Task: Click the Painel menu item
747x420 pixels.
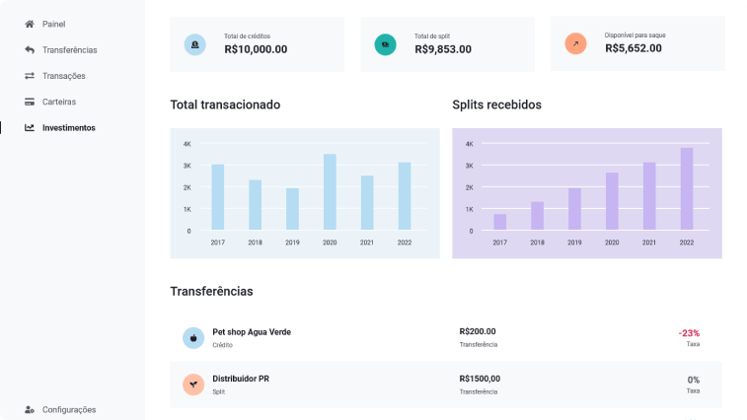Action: coord(54,23)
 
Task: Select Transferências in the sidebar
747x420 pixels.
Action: coord(69,49)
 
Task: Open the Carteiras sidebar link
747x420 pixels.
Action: coord(58,102)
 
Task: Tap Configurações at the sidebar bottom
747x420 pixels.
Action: coord(68,409)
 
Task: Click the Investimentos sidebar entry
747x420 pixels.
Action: coord(68,127)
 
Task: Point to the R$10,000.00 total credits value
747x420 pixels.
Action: coord(256,48)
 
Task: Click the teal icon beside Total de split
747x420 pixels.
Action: coord(385,44)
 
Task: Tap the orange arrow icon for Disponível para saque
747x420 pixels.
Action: coord(575,44)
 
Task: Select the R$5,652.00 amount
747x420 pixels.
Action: coord(633,48)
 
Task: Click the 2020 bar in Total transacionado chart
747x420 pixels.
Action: coord(330,192)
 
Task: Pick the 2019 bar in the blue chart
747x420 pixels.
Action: coord(292,209)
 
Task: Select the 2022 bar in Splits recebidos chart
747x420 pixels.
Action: coord(687,189)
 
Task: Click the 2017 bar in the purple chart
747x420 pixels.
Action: coord(500,222)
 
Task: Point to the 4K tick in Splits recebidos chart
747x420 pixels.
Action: coord(470,144)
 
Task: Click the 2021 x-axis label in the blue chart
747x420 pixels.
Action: coord(367,243)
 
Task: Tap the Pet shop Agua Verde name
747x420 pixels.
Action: coord(252,332)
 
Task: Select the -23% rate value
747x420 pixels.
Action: coord(689,333)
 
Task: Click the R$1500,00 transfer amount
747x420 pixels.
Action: coord(480,379)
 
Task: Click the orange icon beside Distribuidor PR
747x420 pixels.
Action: coord(193,385)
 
